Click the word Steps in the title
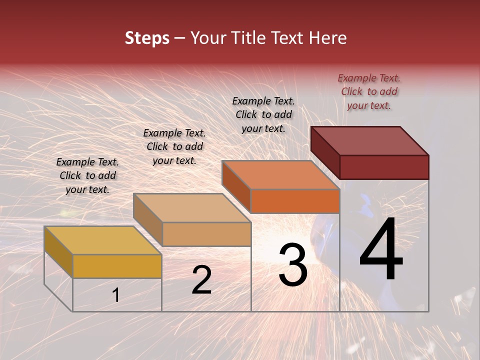coord(147,38)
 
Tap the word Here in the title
coord(325,38)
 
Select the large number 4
coord(381,249)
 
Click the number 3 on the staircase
coord(293,265)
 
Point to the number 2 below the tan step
coord(201,280)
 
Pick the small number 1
coord(116,295)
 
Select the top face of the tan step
coord(192,208)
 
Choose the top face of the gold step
coord(103,240)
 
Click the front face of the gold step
coord(117,266)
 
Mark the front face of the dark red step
coord(384,167)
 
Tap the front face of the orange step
coord(295,201)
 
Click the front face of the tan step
coord(206,234)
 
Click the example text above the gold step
coord(87,175)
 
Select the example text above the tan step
coord(174,146)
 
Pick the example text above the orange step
coord(263,114)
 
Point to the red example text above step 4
coord(369,91)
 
